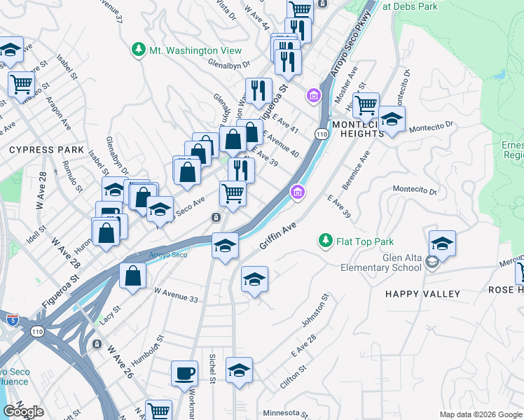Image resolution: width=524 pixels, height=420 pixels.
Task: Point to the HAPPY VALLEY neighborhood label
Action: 422,294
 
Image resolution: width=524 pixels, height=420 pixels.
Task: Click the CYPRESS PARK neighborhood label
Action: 46,150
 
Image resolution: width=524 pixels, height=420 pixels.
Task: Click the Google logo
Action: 23,412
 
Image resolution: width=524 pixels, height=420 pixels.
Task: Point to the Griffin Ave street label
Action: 278,235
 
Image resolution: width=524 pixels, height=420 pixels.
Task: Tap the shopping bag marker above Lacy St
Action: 132,276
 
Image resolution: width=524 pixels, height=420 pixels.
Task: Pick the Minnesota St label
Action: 285,413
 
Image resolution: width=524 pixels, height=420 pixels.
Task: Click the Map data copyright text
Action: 480,414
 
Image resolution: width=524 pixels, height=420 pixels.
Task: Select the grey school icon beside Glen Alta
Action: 432,262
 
